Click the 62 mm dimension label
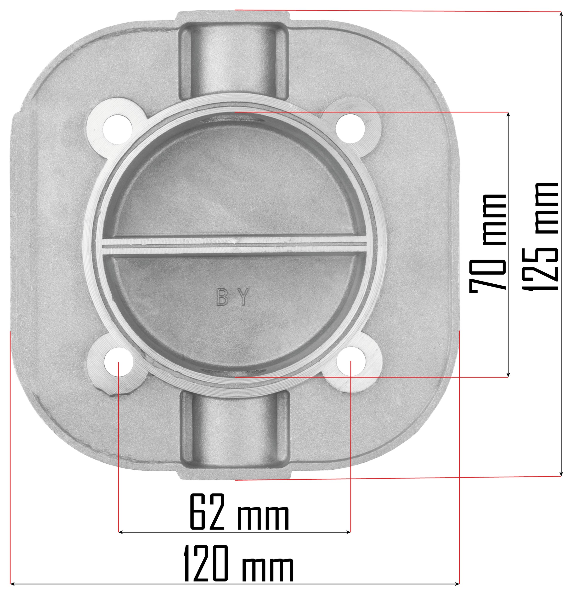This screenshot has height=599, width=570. click(239, 512)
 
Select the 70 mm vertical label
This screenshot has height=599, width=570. click(488, 243)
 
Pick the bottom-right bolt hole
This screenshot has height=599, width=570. click(351, 362)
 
